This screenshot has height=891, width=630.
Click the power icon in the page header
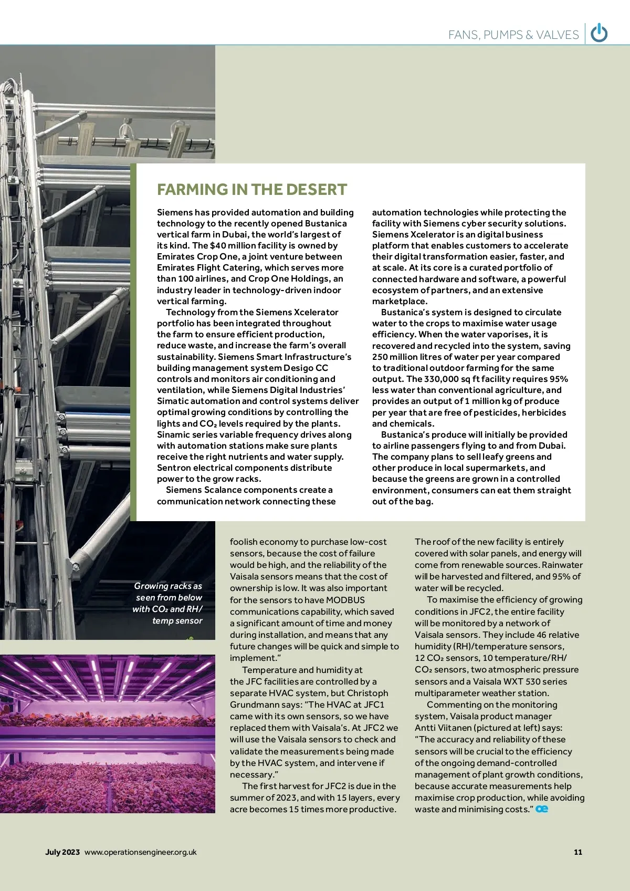[599, 34]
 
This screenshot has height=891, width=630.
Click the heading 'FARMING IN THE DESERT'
[252, 190]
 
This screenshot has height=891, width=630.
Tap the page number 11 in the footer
[578, 852]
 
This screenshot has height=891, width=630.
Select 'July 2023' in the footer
[62, 852]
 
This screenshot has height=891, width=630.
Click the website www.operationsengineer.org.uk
[140, 852]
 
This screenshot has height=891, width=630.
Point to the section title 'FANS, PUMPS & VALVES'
[513, 35]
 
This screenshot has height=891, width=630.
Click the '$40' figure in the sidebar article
[218, 245]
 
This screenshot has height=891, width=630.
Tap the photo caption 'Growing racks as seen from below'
[168, 592]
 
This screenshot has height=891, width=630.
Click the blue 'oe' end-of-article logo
[542, 809]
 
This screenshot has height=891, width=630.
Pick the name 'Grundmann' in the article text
[255, 704]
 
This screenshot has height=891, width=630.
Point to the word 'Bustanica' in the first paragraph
[326, 223]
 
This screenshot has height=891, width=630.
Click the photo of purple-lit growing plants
[108, 733]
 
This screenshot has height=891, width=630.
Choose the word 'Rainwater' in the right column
[562, 565]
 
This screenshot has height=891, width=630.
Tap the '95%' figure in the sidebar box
[557, 379]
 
